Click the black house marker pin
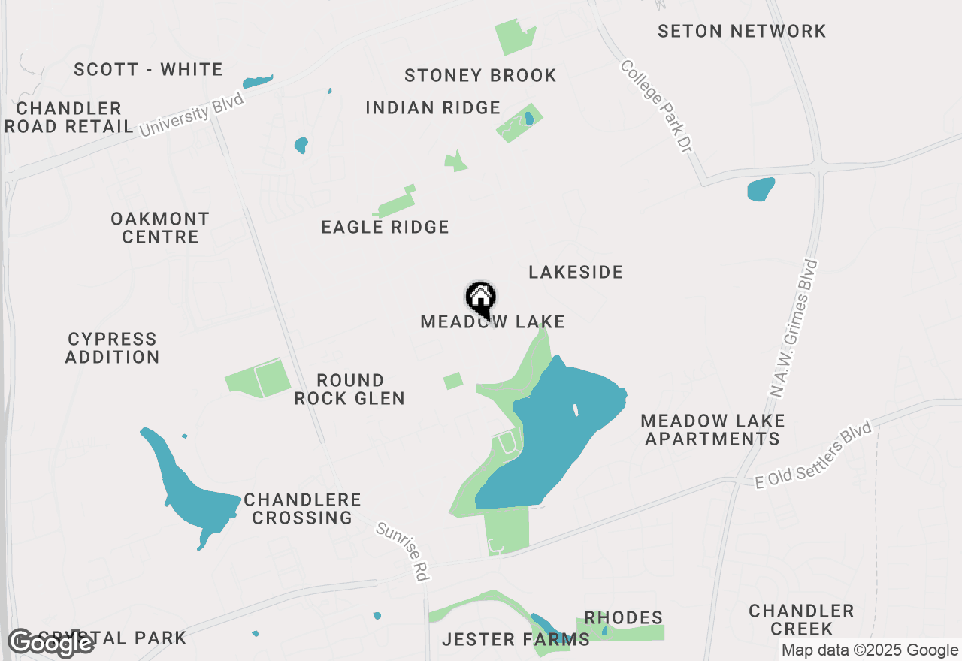pos(481,298)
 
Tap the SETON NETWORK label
pos(742,32)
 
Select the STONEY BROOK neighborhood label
pos(480,76)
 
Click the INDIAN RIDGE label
pos(433,108)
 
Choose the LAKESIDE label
pos(576,273)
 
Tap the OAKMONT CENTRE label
pos(160,228)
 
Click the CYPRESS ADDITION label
pos(112,349)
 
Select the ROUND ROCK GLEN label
pos(349,389)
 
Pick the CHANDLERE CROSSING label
pos(302,509)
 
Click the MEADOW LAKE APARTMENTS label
pos(712,430)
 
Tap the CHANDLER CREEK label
pos(801,620)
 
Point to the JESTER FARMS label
pos(516,640)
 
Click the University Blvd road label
pos(192,114)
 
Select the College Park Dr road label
pos(655,107)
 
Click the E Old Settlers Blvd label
pos(813,457)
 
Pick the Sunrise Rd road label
pos(404,551)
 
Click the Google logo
pos(51,643)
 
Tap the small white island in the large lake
pos(575,411)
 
